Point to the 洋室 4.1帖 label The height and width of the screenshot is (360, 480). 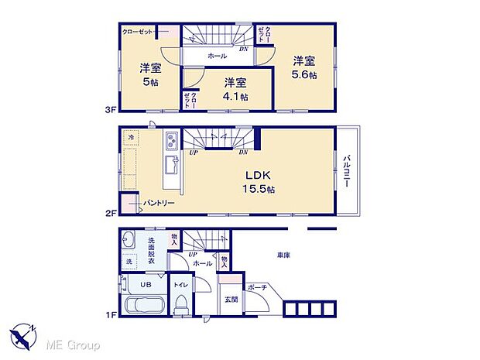235,89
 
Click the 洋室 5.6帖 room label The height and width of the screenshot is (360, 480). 303,67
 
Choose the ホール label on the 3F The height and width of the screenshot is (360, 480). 218,57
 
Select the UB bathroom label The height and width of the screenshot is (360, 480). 146,283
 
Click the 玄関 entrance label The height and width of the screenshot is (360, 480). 231,300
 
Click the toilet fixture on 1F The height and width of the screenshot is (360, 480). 180,307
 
